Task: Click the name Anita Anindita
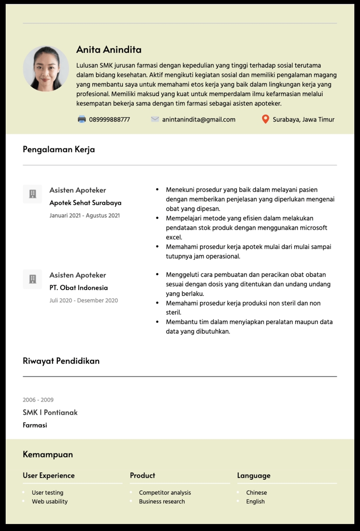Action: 109,50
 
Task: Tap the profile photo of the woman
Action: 46,69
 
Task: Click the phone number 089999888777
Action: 109,119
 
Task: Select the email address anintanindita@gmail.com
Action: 199,119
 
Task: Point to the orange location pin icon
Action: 265,119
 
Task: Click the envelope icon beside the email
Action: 155,119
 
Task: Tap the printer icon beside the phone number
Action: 82,119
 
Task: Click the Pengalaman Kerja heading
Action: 59,149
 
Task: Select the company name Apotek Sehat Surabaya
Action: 85,203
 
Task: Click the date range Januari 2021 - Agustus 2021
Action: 84,216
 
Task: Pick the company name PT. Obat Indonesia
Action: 78,288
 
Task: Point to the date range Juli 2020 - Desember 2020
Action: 83,300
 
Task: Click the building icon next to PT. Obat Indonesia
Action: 33,279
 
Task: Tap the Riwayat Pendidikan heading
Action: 61,361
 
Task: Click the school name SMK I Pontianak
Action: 50,412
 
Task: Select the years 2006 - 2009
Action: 38,400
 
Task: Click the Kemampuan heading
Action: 48,455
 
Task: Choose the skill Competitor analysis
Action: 165,493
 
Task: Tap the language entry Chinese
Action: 257,493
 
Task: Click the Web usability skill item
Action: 50,501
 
